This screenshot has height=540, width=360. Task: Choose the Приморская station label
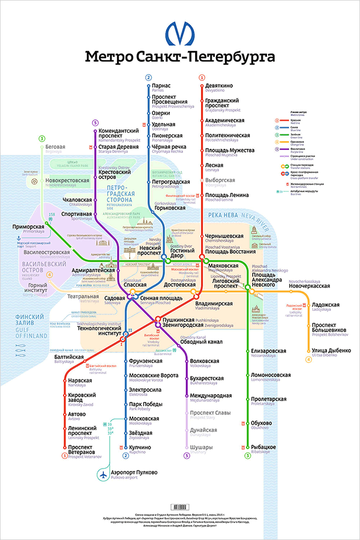(30, 227)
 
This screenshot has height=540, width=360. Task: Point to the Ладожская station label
(326, 305)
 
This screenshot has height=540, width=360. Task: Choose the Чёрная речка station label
(169, 147)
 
